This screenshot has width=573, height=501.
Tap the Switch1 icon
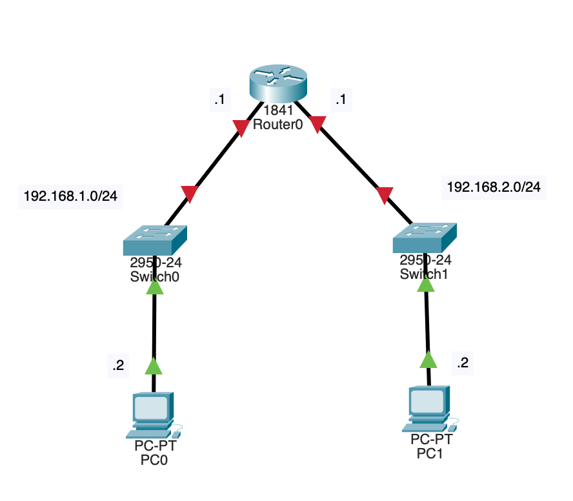[424, 238]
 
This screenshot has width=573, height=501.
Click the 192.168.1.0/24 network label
[70, 196]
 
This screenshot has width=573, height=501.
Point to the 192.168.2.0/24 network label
[494, 187]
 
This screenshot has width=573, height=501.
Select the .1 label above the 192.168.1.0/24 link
[219, 100]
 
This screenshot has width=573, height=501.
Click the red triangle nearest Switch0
[190, 193]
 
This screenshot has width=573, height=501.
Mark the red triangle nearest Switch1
[385, 194]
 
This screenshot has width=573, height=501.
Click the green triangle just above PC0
[154, 367]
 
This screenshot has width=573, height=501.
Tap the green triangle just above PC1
[428, 359]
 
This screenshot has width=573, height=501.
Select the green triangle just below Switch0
[155, 286]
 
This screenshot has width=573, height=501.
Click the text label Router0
[278, 125]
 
